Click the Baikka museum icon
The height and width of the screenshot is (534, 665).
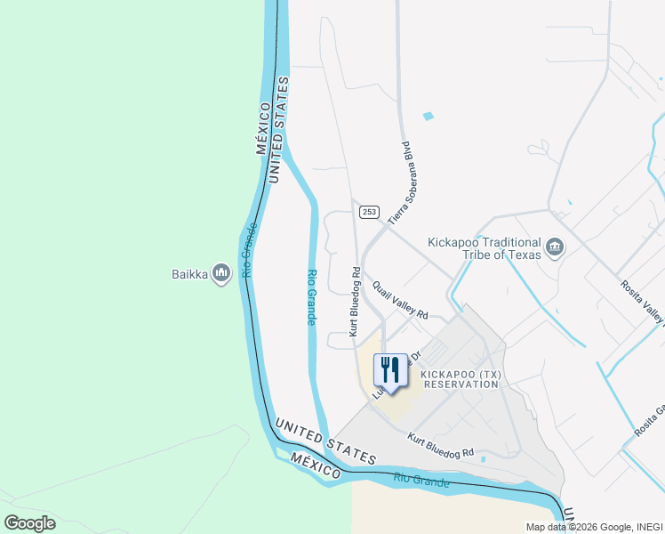tap(221, 274)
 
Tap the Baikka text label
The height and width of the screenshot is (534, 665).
tap(189, 274)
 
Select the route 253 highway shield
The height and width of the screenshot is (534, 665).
tap(370, 212)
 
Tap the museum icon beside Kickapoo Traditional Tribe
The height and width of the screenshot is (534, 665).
tap(556, 247)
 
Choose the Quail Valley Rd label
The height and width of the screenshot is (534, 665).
tap(400, 302)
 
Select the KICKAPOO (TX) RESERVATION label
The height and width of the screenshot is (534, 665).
tap(461, 379)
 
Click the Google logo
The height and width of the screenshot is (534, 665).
tap(29, 523)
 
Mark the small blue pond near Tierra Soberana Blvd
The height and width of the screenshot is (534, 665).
tap(429, 117)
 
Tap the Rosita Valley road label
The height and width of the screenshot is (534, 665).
tap(642, 301)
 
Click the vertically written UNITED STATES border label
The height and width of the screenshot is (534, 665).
tap(279, 130)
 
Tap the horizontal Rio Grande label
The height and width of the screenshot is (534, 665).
tap(421, 481)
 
